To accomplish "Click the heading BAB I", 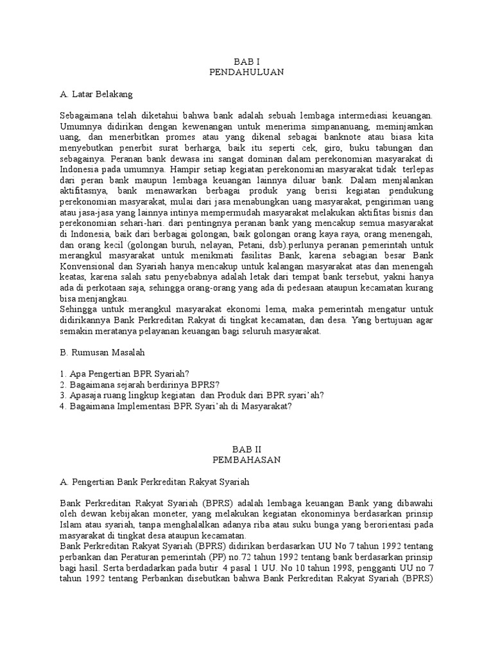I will click(x=246, y=61).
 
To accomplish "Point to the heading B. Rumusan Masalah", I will click(x=103, y=352).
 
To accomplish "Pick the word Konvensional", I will click(x=87, y=266).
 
